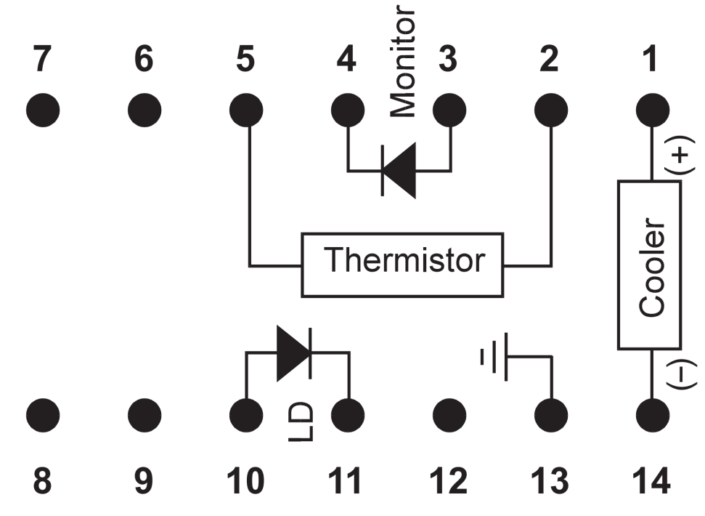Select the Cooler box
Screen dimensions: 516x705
[x=648, y=265]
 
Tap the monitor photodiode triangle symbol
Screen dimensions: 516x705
[x=400, y=171]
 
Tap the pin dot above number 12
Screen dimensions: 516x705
[x=449, y=416]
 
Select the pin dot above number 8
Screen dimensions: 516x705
[x=43, y=416]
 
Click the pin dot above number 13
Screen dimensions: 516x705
[x=551, y=416]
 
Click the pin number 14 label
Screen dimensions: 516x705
[x=652, y=482]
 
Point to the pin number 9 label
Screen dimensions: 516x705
[x=144, y=482]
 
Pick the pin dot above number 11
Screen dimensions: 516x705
[x=348, y=416]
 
